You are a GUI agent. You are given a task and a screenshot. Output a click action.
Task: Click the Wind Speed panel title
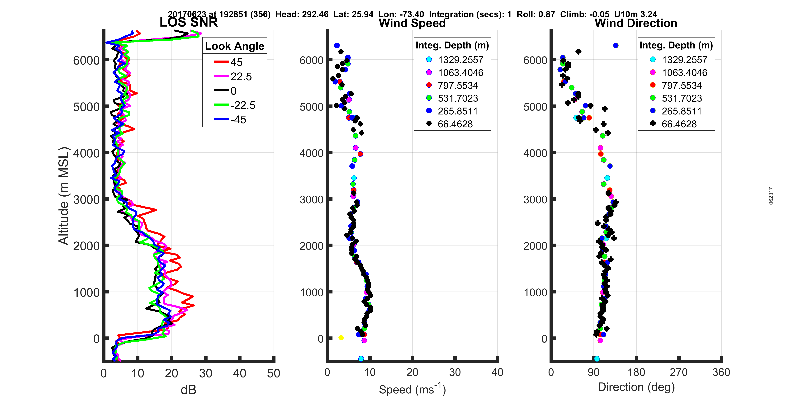click(412, 23)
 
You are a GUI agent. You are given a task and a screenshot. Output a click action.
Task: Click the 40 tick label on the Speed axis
click(497, 372)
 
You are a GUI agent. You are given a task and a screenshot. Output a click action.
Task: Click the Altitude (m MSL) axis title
click(63, 196)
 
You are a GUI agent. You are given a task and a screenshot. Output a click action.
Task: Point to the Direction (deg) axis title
click(636, 387)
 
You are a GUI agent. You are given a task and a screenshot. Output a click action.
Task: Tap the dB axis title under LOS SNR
click(188, 390)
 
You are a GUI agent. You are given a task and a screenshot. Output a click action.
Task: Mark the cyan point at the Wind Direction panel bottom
click(597, 359)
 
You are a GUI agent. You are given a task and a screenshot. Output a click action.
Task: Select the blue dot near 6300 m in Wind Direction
click(616, 46)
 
